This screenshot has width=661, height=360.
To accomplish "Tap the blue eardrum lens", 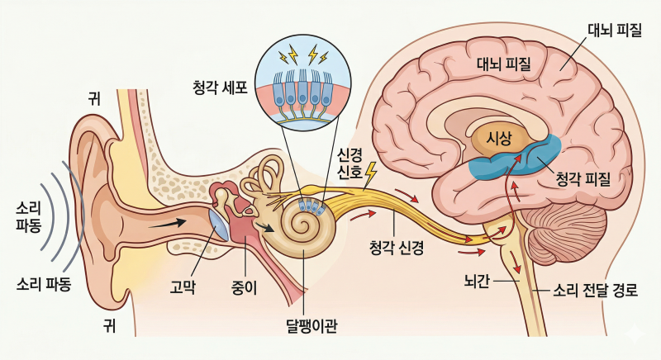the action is [x=220, y=225].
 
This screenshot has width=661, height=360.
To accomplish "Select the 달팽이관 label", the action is [x=311, y=325].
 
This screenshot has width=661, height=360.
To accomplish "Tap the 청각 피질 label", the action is [x=583, y=180].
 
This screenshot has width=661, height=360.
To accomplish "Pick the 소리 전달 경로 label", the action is [x=595, y=291].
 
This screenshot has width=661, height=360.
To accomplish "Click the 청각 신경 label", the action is [x=397, y=248].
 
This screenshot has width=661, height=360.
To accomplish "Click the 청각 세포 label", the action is [x=220, y=88].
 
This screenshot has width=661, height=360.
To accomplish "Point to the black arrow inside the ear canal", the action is [x=168, y=223].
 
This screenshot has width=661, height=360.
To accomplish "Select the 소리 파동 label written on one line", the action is [x=44, y=284].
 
